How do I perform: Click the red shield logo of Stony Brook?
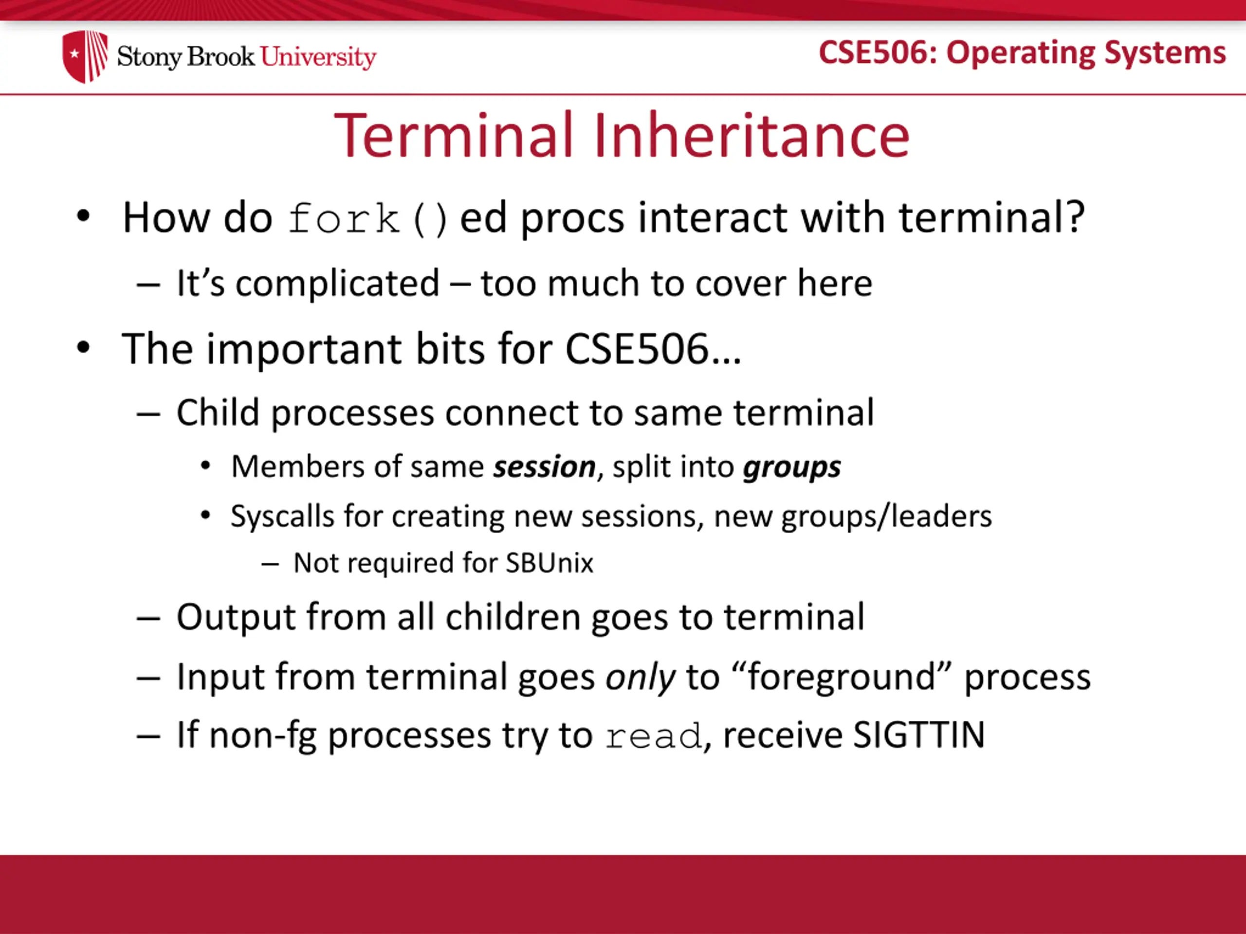[85, 56]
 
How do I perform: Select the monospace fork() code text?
[368, 218]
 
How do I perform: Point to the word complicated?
[337, 283]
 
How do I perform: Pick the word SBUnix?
[549, 562]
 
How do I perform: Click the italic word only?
[640, 677]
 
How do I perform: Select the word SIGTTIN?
[919, 735]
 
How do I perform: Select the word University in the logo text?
[318, 57]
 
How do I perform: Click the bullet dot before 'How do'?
[83, 216]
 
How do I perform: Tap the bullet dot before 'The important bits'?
[83, 347]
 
